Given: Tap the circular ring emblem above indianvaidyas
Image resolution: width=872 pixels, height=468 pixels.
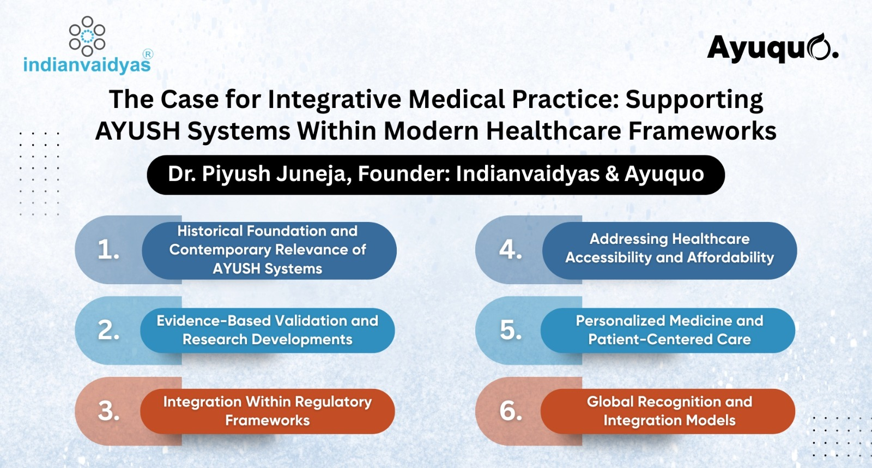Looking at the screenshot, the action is pos(87,36).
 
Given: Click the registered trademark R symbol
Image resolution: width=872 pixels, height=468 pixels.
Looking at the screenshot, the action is pos(148,54).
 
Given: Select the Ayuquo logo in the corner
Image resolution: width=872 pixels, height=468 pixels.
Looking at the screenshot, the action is pos(772,49).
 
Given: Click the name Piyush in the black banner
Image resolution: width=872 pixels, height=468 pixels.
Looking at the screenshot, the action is pos(236,174).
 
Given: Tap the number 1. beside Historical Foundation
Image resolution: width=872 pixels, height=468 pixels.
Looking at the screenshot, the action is pos(108,250).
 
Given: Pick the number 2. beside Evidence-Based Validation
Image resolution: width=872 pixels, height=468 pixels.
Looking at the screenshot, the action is pos(108,330).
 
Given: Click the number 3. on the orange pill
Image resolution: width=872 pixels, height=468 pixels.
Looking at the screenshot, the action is pos(108,411).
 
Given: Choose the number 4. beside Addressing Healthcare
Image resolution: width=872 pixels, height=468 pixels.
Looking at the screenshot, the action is pos(510,249).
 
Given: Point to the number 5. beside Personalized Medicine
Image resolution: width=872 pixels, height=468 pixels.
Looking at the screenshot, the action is pos(511,330).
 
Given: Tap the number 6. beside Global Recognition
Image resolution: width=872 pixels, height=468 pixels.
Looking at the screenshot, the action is pos(511,411).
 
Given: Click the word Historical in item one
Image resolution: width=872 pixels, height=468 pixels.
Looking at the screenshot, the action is pos(210,231).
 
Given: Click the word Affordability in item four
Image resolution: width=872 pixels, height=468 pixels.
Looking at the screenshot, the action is pos(731,257).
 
